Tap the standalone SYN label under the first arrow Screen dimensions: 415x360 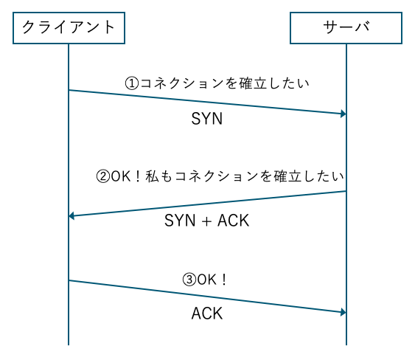[206, 119]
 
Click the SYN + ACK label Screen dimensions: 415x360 [206, 221]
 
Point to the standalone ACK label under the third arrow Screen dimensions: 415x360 [207, 314]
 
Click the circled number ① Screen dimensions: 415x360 [132, 83]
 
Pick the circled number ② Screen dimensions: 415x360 [103, 176]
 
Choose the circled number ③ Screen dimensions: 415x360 [189, 280]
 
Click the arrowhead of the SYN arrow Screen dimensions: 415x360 [343, 114]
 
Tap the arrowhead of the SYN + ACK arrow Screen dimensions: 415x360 [72, 216]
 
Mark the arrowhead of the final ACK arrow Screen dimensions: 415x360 [343, 312]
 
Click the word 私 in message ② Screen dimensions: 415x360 [152, 176]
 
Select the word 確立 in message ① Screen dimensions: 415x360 [253, 83]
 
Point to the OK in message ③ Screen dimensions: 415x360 [206, 280]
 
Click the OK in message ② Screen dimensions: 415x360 [121, 176]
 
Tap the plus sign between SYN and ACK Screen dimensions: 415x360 [206, 221]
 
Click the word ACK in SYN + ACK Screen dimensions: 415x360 [234, 221]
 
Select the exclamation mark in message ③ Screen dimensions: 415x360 [224, 280]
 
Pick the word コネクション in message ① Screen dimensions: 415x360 [181, 83]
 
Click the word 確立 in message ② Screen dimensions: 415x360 [287, 176]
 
